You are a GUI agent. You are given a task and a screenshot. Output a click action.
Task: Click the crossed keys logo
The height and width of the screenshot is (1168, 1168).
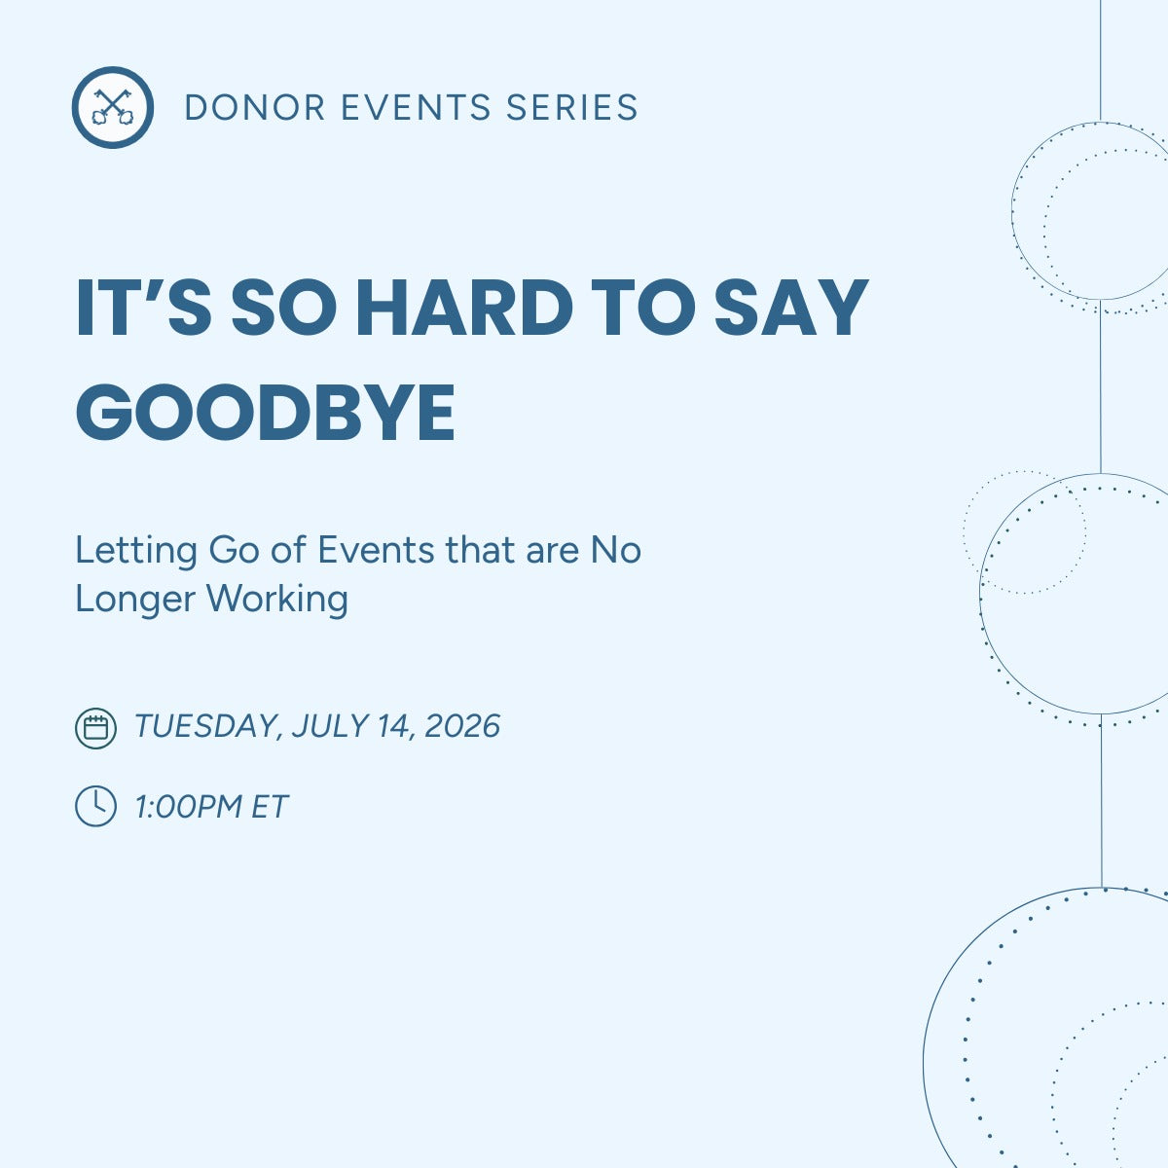113,107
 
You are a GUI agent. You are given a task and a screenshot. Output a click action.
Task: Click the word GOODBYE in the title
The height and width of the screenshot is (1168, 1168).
266,412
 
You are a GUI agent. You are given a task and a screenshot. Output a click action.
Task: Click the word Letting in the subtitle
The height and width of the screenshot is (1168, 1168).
136,551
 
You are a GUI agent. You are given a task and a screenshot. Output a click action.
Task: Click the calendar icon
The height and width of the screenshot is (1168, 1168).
95,727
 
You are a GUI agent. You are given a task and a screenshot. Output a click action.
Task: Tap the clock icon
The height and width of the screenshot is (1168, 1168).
95,807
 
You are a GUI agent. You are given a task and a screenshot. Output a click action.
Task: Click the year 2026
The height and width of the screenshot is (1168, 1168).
462,726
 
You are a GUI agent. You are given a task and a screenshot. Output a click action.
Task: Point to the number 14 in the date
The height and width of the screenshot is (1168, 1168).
394,726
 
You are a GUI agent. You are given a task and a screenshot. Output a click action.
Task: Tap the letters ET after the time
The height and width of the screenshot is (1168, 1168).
270,807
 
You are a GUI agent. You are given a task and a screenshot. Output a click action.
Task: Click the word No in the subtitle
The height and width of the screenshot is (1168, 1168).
616,551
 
